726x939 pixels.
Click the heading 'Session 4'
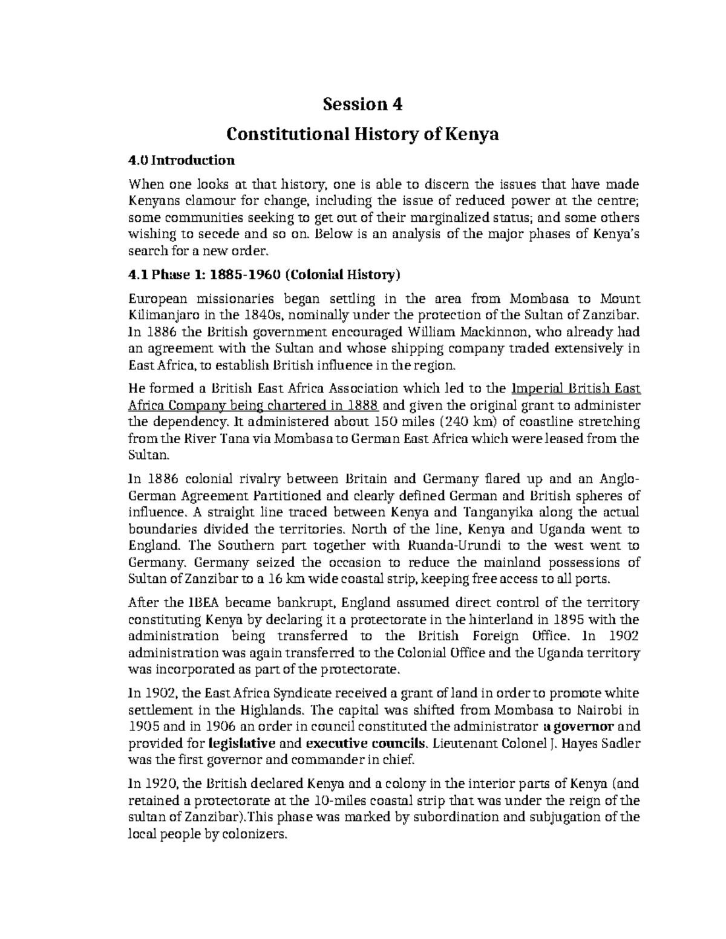pyautogui.click(x=362, y=105)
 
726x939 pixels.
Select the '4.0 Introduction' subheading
pyautogui.click(x=181, y=161)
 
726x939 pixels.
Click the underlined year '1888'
pyautogui.click(x=362, y=405)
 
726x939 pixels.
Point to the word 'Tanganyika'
pyautogui.click(x=503, y=513)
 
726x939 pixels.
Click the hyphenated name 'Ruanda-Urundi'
pyautogui.click(x=454, y=546)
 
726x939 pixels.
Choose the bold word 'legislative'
pyautogui.click(x=242, y=743)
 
